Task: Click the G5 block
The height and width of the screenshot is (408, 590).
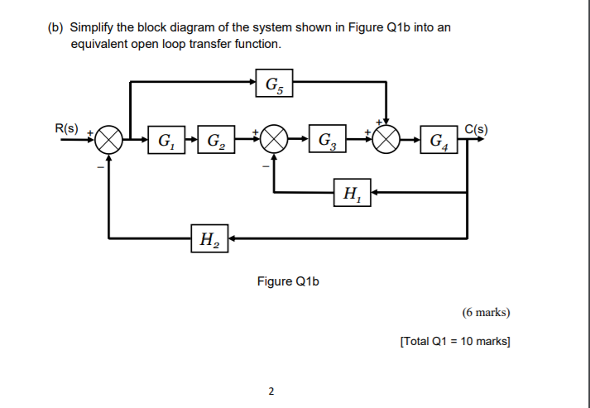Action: [x=273, y=83]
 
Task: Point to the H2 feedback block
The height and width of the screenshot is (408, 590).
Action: [x=209, y=239]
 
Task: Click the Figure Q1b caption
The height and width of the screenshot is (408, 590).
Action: [x=288, y=281]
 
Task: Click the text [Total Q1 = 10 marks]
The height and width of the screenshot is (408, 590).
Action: [x=454, y=341]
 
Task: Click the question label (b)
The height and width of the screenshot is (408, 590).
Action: [x=55, y=27]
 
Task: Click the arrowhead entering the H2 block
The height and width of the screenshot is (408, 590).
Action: [x=233, y=239]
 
